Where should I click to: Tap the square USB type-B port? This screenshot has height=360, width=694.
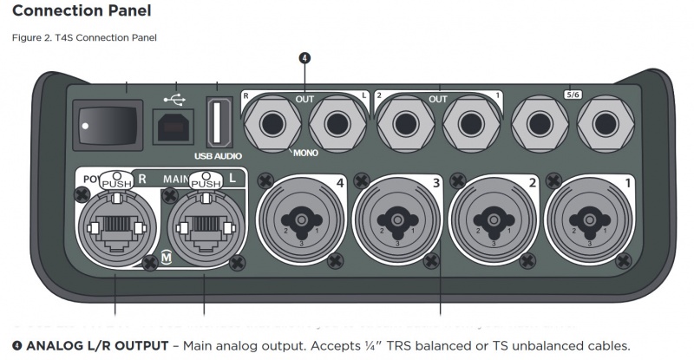pyautogui.click(x=171, y=127)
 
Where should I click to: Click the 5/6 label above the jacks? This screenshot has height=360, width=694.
pyautogui.click(x=572, y=95)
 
